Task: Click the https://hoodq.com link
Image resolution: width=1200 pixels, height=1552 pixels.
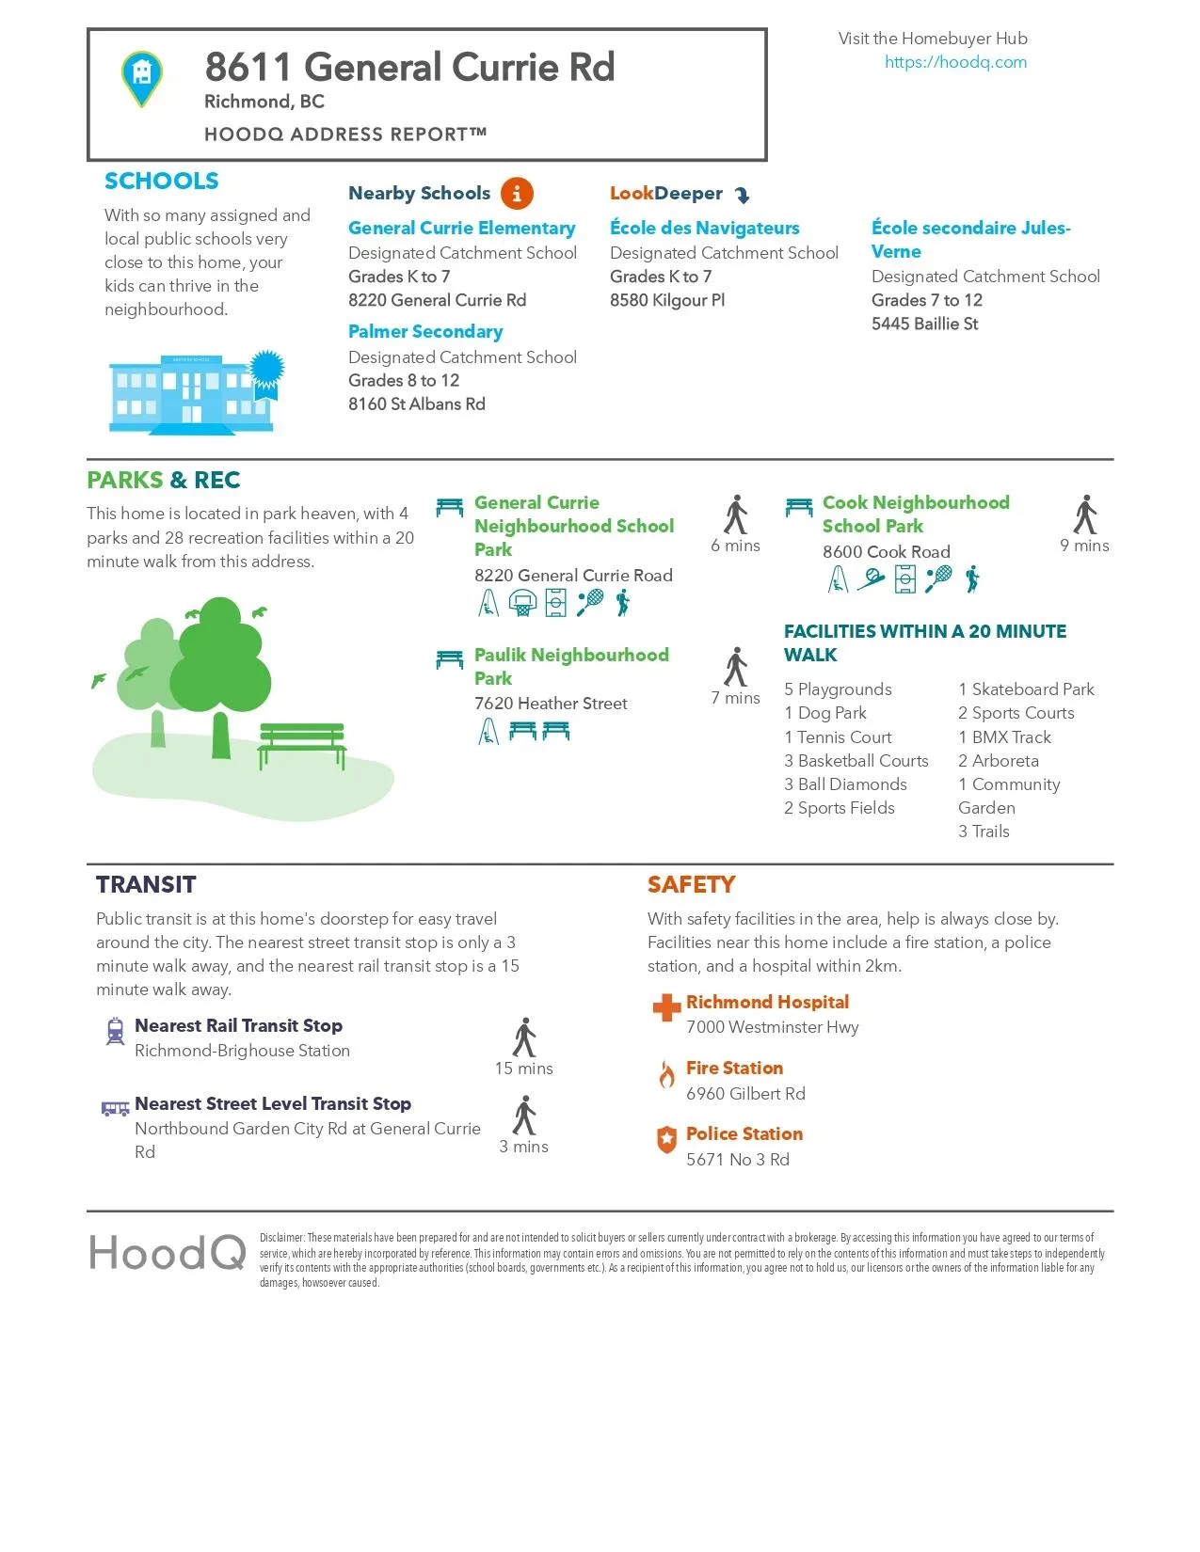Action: [x=955, y=62]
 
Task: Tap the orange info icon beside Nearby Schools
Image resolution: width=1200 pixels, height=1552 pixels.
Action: [x=517, y=194]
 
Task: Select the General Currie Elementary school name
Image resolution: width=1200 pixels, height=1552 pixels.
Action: [x=461, y=229]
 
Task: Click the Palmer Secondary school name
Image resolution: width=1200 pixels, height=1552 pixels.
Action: [x=425, y=332]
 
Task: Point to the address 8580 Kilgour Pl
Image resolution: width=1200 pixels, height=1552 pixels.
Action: [x=667, y=300]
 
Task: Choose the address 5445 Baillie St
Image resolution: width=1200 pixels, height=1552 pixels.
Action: [x=924, y=324]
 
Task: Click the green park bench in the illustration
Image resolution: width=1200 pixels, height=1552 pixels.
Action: [x=302, y=743]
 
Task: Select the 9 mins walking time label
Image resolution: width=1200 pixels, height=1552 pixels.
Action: [x=1084, y=546]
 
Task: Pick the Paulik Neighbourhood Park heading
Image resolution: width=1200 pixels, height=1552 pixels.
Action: [x=571, y=666]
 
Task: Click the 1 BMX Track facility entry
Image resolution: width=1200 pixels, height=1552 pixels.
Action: [x=1004, y=737]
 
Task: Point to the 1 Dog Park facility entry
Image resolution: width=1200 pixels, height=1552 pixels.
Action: [x=825, y=713]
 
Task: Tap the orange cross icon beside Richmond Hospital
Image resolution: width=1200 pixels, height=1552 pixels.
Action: [x=666, y=1007]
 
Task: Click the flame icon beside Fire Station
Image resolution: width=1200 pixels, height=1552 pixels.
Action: [x=666, y=1074]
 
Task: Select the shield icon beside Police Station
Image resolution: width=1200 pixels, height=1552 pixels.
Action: [x=666, y=1139]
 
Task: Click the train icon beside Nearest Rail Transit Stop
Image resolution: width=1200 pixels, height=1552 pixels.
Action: [x=115, y=1031]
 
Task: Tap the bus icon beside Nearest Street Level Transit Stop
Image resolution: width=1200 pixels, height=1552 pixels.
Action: [x=115, y=1109]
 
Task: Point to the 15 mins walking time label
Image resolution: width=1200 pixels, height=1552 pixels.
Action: [x=523, y=1069]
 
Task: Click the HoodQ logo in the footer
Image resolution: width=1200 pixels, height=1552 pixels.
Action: [x=168, y=1254]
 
